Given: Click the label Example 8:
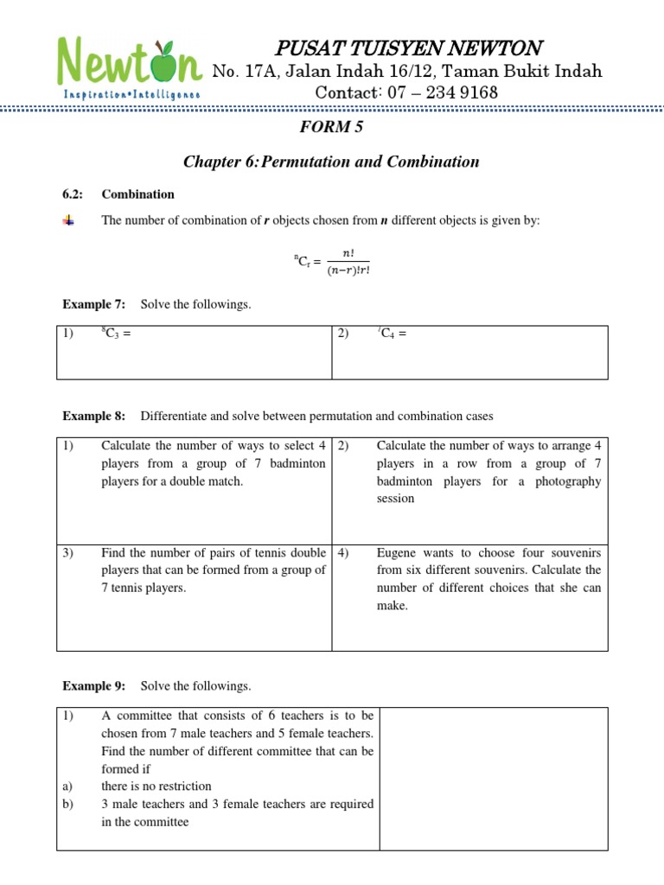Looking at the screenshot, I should coord(94,416).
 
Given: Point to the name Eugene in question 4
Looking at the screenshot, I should coord(396,552).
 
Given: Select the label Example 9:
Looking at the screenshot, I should coord(94,686).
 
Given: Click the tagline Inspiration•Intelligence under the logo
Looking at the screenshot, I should coord(131,93).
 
